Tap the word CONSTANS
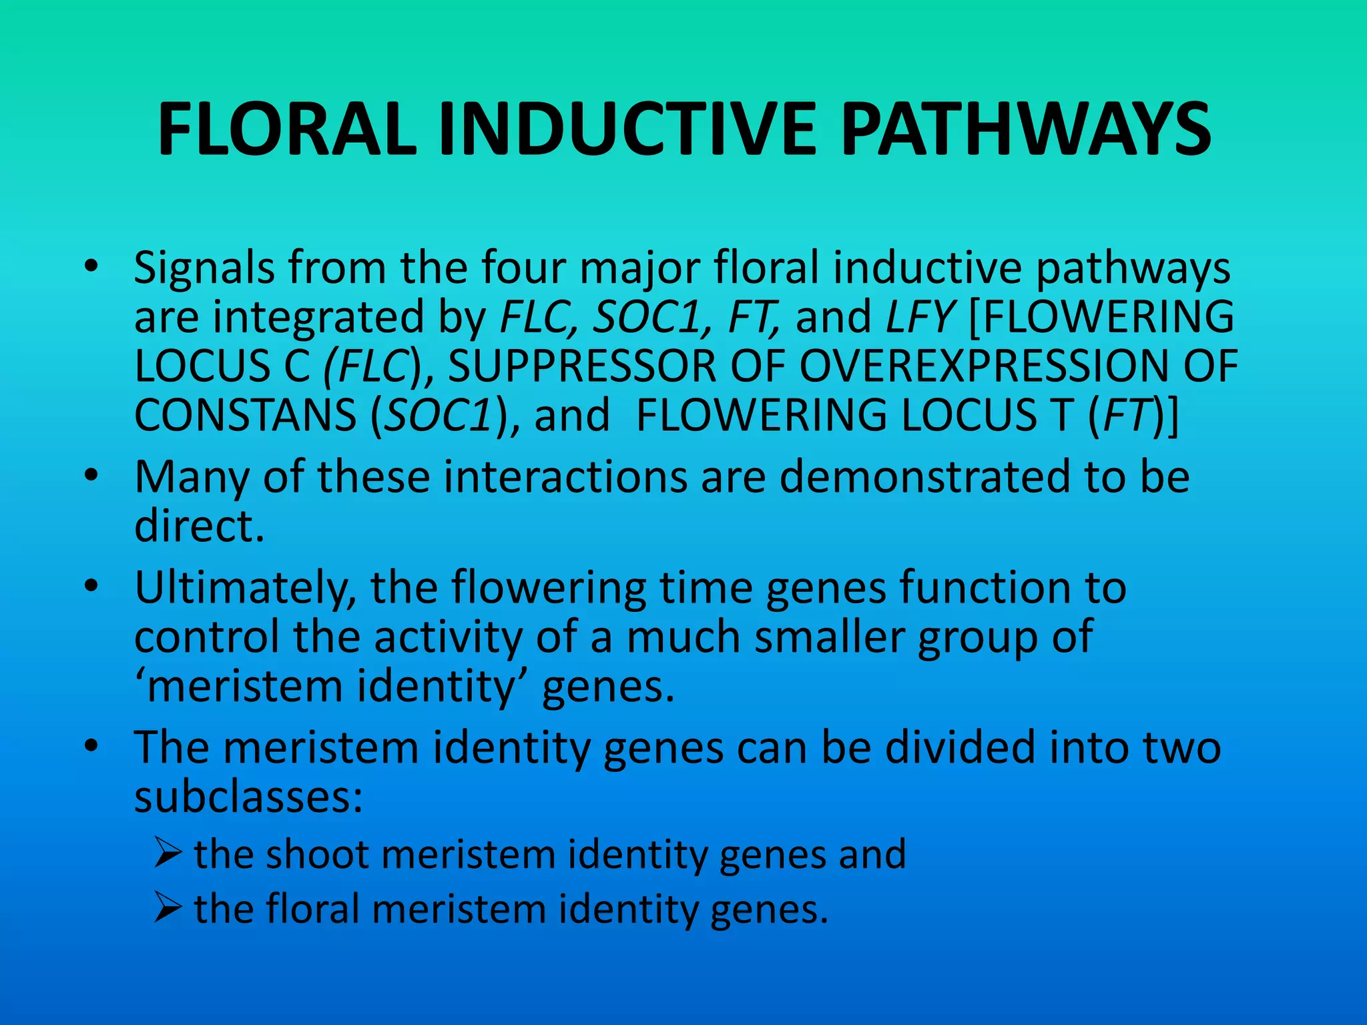245,415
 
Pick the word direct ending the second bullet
199,527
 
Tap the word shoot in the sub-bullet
317,854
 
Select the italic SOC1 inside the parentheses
439,415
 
